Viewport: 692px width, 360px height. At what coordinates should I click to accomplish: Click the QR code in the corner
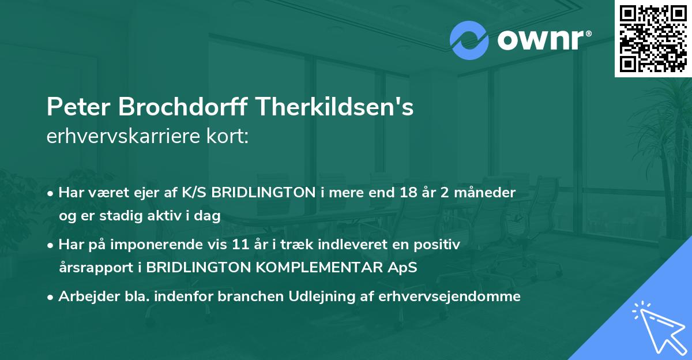pos(653,38)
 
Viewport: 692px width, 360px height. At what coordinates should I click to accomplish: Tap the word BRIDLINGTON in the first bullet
pos(267,193)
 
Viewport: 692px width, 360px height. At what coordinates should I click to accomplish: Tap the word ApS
pos(402,268)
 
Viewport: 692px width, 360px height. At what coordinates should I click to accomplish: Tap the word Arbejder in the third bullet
pos(84,297)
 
